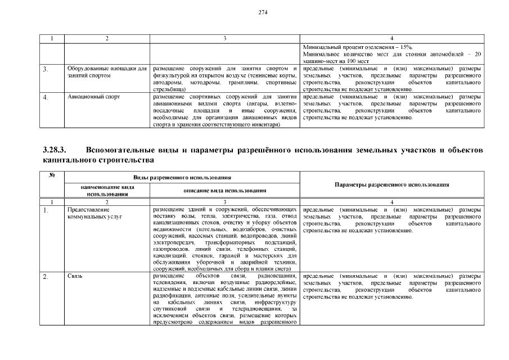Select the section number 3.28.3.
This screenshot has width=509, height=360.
55,151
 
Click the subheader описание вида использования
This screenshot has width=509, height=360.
225,191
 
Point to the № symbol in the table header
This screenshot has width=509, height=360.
52,175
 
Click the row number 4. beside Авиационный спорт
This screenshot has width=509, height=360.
46,97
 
